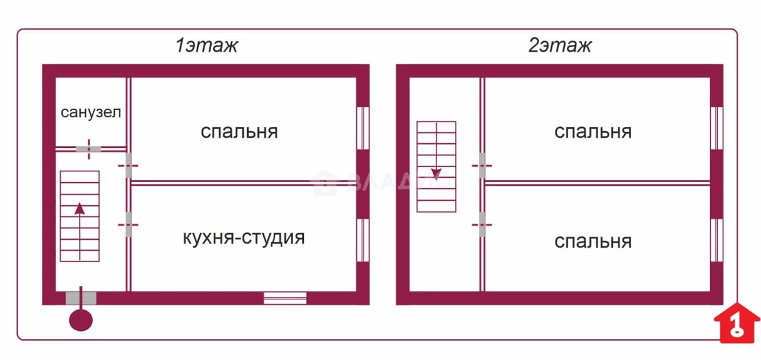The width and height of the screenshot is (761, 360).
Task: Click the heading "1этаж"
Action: pyautogui.click(x=206, y=46)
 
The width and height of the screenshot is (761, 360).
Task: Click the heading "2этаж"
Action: pyautogui.click(x=560, y=46)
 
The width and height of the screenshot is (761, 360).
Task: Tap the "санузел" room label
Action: pyautogui.click(x=90, y=112)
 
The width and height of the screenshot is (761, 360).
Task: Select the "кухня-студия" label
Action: pyautogui.click(x=244, y=237)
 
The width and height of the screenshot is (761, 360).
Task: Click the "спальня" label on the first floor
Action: pyautogui.click(x=239, y=132)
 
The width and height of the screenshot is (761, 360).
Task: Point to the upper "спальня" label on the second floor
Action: pyautogui.click(x=593, y=132)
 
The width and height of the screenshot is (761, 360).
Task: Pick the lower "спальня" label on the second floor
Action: pyautogui.click(x=593, y=242)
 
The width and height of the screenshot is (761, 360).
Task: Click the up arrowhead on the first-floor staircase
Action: pyautogui.click(x=79, y=208)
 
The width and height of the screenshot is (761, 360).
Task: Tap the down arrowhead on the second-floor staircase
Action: pyautogui.click(x=436, y=174)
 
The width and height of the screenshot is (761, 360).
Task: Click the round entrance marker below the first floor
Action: pyautogui.click(x=81, y=320)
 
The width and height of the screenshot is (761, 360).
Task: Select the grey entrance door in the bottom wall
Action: pyautogui.click(x=81, y=298)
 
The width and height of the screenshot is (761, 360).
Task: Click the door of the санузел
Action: pyautogui.click(x=89, y=149)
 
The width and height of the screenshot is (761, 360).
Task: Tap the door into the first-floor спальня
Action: pyautogui.click(x=129, y=166)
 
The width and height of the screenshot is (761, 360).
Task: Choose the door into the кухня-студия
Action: pyautogui.click(x=129, y=225)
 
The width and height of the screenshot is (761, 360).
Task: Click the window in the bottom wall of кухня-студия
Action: pyautogui.click(x=285, y=298)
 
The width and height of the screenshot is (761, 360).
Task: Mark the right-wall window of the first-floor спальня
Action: pyautogui.click(x=363, y=128)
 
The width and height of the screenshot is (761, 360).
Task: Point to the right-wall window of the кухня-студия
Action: pyautogui.click(x=363, y=240)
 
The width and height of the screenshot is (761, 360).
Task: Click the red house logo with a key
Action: pyautogui.click(x=737, y=323)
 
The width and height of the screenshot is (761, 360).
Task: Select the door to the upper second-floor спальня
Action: pyautogui.click(x=482, y=166)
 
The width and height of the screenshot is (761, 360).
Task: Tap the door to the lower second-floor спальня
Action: pyautogui.click(x=482, y=225)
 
